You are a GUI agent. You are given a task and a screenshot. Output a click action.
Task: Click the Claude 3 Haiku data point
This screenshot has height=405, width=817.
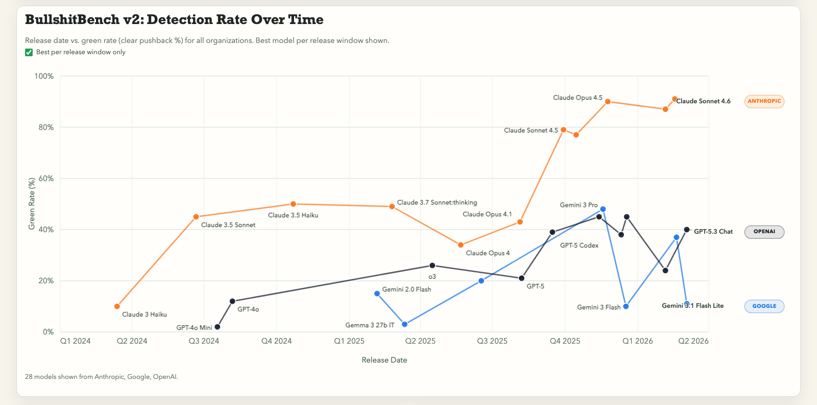click(117, 306)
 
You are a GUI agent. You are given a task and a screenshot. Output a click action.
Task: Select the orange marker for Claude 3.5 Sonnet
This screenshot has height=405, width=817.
click(196, 217)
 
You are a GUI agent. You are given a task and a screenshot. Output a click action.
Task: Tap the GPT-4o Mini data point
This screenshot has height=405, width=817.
click(218, 327)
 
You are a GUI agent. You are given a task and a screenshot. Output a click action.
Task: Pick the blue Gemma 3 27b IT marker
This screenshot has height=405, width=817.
click(405, 324)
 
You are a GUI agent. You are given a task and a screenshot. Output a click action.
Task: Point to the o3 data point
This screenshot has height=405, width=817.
click(432, 265)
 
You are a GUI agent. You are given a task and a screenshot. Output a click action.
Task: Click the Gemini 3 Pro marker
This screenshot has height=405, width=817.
click(603, 209)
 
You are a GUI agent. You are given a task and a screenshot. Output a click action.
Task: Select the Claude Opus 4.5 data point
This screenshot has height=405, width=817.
click(608, 102)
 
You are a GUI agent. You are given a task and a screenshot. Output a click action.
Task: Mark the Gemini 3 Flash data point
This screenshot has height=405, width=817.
click(626, 306)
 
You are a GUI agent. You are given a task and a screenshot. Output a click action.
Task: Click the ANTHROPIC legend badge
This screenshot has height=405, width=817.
click(764, 101)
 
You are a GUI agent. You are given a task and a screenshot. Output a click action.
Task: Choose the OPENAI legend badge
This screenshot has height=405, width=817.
click(764, 232)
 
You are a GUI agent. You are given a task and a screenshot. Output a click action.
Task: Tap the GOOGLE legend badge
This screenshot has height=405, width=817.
click(764, 306)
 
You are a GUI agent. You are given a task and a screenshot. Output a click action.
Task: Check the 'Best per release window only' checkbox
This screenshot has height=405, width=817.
click(29, 52)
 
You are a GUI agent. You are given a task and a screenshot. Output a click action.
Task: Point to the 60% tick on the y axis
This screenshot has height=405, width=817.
click(44, 178)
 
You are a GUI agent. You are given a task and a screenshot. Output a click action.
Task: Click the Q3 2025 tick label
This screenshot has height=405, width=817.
click(492, 341)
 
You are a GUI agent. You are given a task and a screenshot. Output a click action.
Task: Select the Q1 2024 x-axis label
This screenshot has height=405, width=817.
click(75, 341)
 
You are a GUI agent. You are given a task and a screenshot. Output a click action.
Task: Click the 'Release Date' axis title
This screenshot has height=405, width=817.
click(384, 360)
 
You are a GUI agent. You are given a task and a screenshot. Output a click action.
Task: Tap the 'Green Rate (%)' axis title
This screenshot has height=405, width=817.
click(32, 204)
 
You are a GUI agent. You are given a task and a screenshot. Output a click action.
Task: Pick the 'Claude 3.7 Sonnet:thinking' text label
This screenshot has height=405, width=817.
click(437, 202)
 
